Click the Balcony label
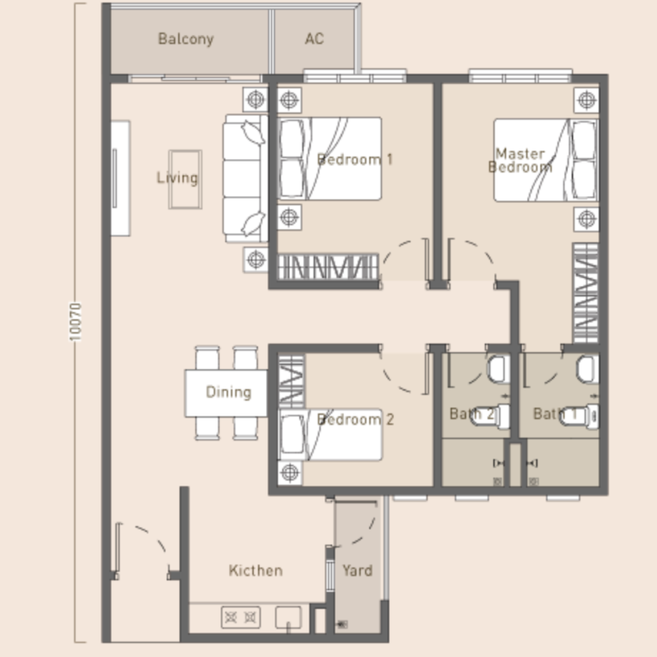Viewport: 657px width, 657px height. point(186,39)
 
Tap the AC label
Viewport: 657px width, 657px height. point(315,39)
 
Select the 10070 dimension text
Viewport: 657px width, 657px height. point(75,322)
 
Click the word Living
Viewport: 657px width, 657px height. point(177,178)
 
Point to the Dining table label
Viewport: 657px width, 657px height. point(229,392)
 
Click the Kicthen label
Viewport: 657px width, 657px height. point(255,571)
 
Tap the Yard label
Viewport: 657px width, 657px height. point(358,571)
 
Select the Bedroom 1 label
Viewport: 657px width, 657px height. point(355,159)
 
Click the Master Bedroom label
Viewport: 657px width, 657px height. point(520,161)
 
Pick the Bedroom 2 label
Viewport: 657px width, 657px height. point(355,419)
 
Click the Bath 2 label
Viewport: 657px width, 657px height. point(472,414)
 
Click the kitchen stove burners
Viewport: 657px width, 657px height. point(240,617)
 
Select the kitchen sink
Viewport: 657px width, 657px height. point(288,617)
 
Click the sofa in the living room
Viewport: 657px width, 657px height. point(245,179)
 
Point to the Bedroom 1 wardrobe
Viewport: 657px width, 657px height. point(328,266)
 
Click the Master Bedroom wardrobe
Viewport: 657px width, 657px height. point(585,293)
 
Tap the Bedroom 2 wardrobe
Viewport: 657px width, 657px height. point(291,381)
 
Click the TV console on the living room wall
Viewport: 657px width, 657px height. point(120,178)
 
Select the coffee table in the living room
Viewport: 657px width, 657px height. point(185,179)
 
